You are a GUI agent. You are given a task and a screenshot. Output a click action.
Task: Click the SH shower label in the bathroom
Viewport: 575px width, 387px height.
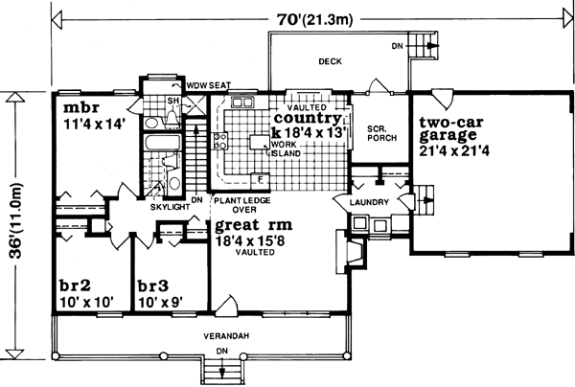[174, 101]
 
